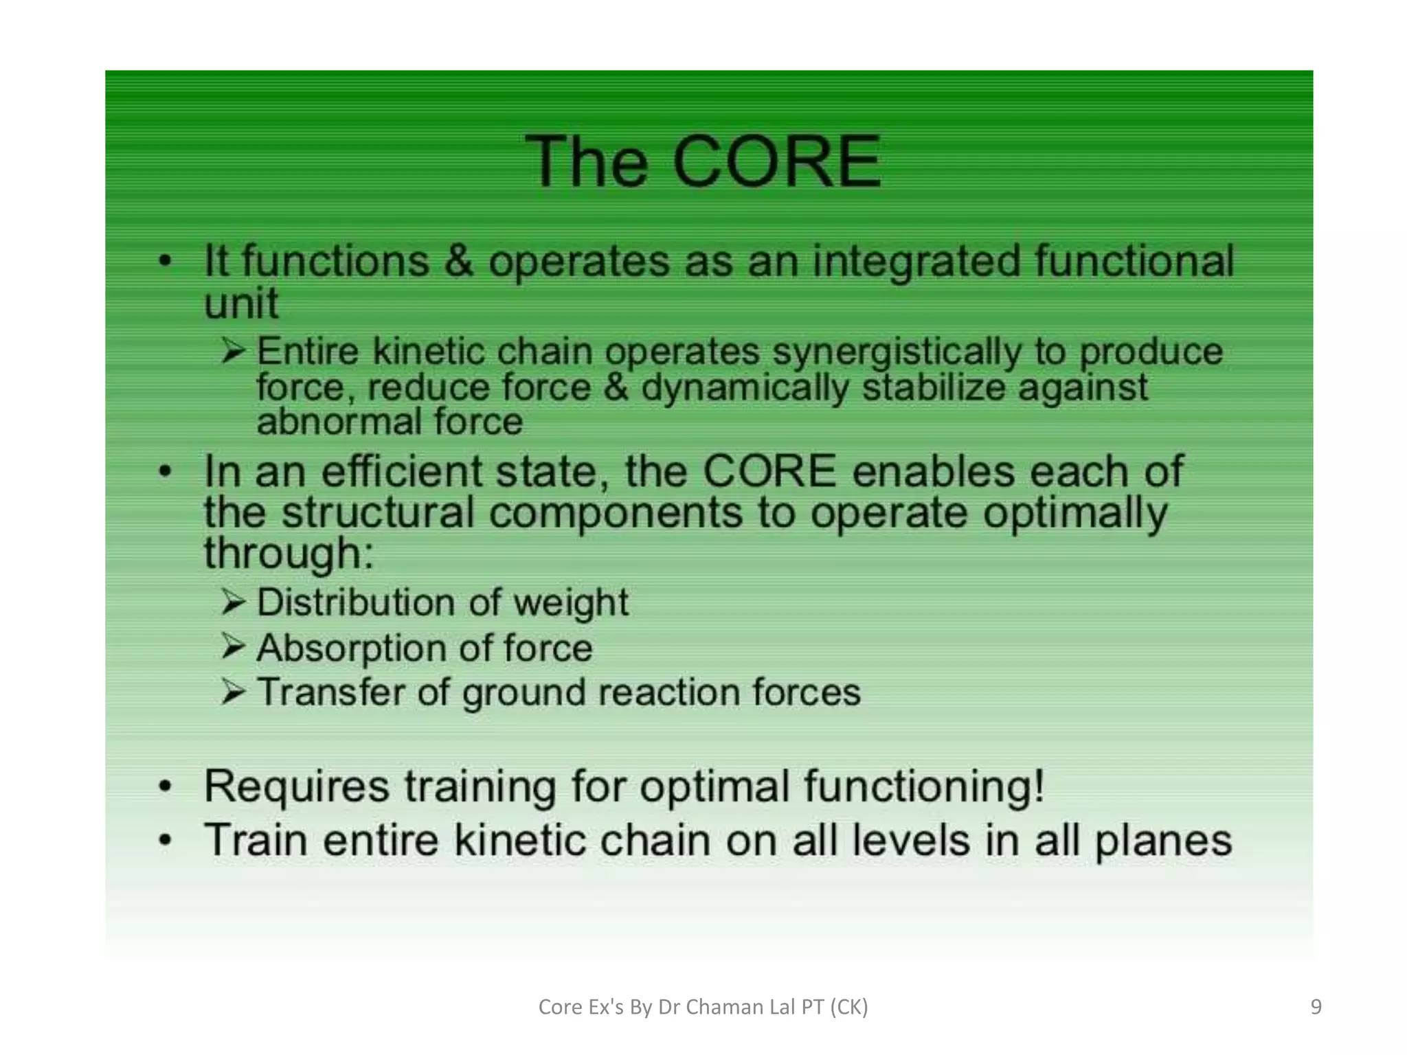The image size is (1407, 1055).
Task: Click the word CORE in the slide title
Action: (x=776, y=162)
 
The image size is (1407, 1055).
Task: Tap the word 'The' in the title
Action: (x=586, y=162)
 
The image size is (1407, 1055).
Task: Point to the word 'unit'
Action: (x=241, y=303)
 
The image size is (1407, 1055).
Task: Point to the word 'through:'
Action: (x=289, y=554)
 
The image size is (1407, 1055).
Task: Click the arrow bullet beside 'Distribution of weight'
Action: (x=234, y=602)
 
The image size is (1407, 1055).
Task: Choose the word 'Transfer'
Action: (x=330, y=692)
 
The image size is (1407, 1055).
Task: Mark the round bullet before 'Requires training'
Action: (x=165, y=787)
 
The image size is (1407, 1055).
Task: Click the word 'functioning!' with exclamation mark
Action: (x=924, y=786)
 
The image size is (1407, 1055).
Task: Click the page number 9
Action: (x=1316, y=1007)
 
